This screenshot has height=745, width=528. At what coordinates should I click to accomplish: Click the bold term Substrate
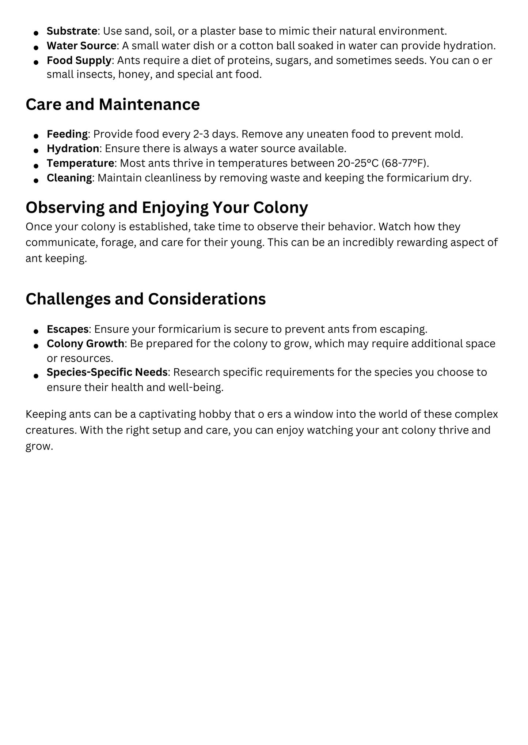(x=72, y=31)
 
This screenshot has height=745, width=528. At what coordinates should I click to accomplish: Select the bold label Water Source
(x=81, y=46)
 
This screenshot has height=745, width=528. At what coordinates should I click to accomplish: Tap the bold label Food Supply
(x=79, y=60)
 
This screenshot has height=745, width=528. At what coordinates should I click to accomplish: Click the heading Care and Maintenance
(x=113, y=105)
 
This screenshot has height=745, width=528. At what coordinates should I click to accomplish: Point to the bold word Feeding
(x=67, y=134)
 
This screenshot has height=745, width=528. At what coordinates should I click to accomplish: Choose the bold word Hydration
(x=73, y=148)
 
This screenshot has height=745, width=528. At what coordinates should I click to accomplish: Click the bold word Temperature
(x=80, y=163)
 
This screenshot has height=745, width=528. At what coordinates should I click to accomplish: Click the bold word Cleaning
(x=69, y=178)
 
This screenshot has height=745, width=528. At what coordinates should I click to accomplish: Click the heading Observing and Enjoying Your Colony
(x=167, y=207)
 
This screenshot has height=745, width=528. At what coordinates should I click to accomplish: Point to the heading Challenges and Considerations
(x=145, y=299)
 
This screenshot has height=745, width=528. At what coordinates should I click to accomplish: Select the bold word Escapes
(x=67, y=329)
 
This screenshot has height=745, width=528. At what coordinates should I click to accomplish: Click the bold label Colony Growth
(x=85, y=344)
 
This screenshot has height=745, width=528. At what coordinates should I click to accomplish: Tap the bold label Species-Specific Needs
(x=107, y=372)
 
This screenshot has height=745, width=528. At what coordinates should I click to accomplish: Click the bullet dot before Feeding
(x=36, y=136)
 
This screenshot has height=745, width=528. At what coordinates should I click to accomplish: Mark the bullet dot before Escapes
(x=36, y=331)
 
